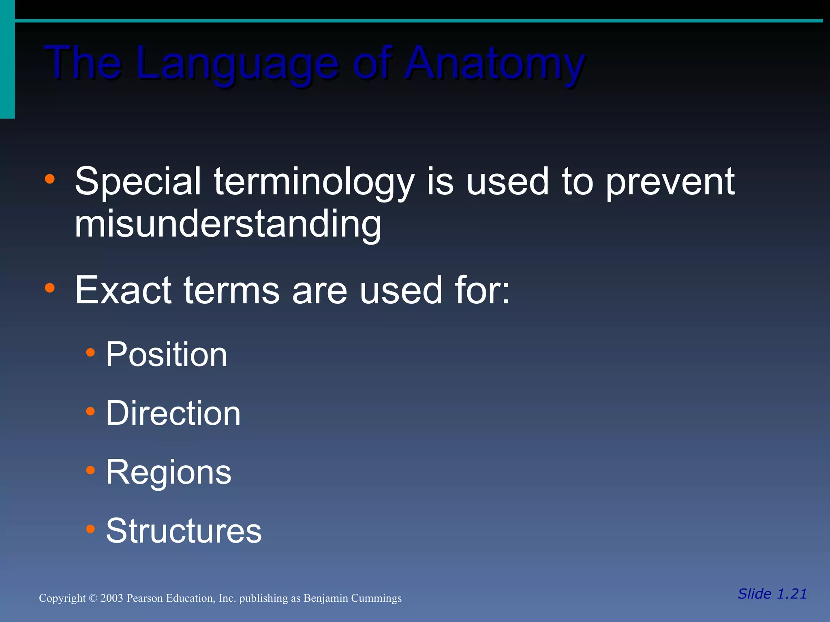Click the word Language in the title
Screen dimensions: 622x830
click(x=237, y=64)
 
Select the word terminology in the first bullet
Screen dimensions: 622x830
click(x=314, y=182)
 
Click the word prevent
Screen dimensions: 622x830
click(x=670, y=182)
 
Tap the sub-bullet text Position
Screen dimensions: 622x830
click(x=166, y=354)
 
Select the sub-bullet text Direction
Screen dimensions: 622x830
click(x=173, y=413)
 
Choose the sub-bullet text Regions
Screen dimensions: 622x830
click(x=168, y=473)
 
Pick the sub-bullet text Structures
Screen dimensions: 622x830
click(x=184, y=531)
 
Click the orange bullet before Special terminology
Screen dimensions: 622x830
click(x=49, y=179)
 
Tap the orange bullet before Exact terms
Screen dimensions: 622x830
click(x=49, y=288)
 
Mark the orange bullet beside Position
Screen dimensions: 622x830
click(x=90, y=353)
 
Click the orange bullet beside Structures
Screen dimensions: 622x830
click(x=90, y=529)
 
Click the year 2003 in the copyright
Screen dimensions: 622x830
click(x=111, y=598)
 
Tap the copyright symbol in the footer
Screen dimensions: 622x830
click(x=93, y=598)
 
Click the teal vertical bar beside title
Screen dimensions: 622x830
click(x=7, y=61)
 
